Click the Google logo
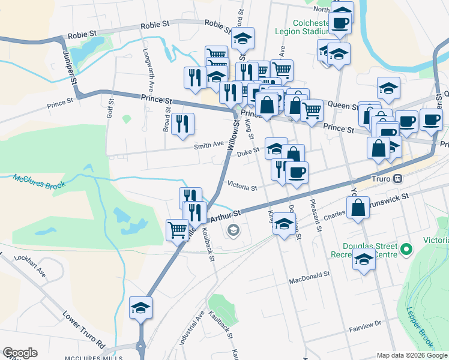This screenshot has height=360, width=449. click(20, 353)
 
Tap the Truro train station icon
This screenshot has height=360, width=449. click(397, 179)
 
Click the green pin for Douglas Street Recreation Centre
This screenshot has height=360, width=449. click(406, 248)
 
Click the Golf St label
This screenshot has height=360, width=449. click(110, 107)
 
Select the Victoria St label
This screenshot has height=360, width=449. click(242, 187)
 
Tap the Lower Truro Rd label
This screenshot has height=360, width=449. click(84, 329)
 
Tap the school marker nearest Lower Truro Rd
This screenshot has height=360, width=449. click(141, 307)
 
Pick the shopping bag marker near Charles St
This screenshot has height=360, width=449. click(358, 208)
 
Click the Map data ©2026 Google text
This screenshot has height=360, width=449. click(412, 355)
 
